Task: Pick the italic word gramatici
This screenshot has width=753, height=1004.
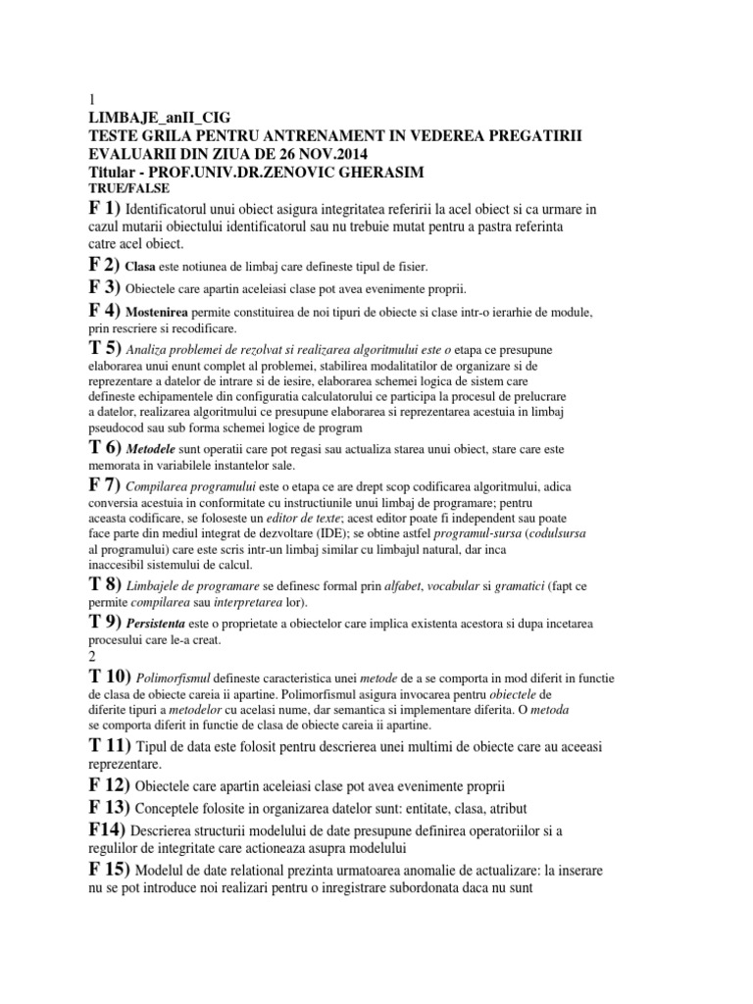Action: pyautogui.click(x=495, y=584)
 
